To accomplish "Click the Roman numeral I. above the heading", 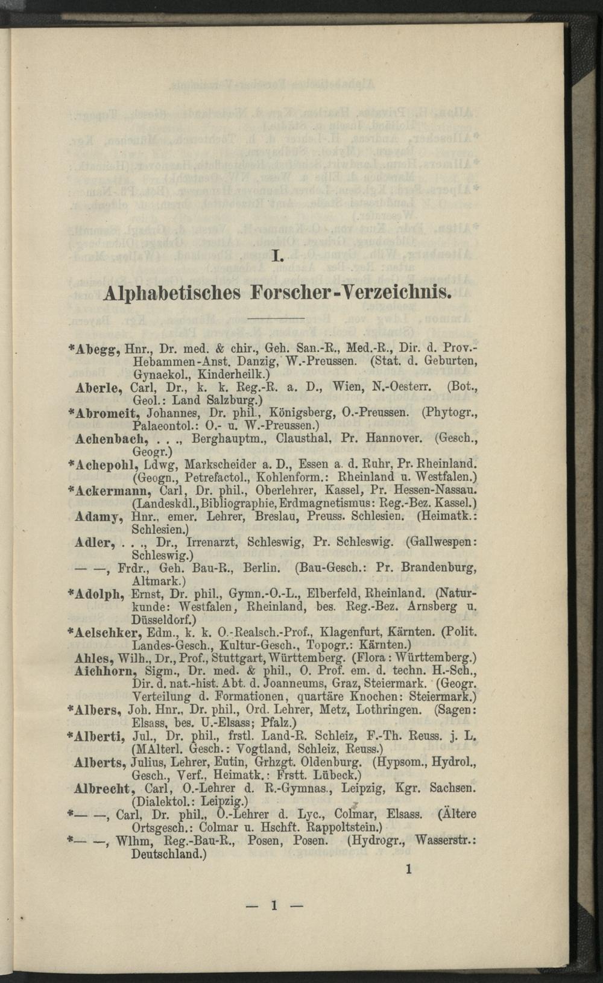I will click(x=277, y=258).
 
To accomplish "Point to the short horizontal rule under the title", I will click(x=277, y=318).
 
